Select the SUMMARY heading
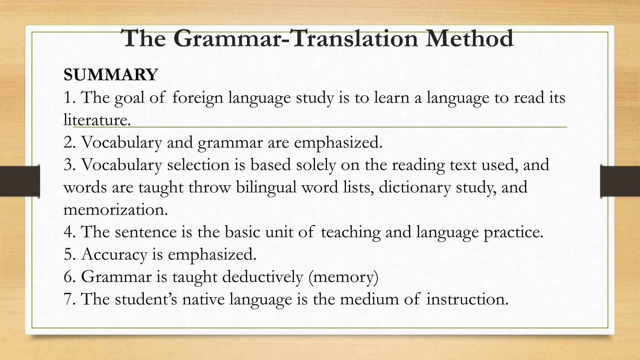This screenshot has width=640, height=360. tap(111, 75)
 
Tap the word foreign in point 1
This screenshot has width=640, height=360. tap(197, 97)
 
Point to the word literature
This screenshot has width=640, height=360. tap(97, 120)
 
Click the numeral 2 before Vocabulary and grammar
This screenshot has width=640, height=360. tap(67, 142)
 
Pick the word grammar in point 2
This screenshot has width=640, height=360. tap(230, 143)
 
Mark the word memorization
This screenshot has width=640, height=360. tap(116, 210)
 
